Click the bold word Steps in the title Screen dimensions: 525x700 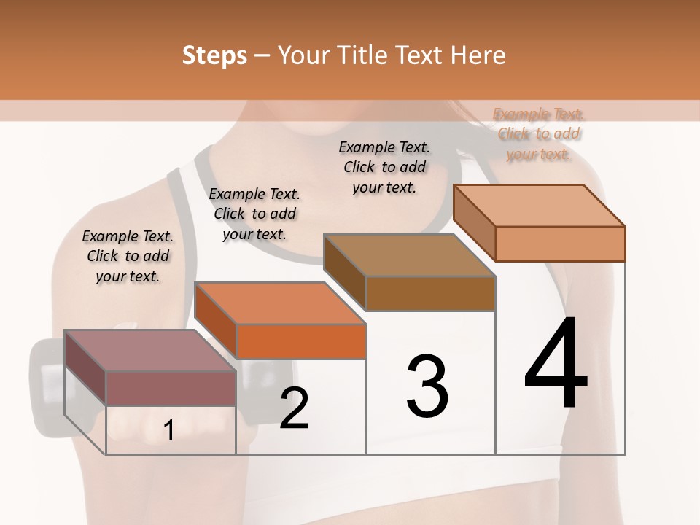214,55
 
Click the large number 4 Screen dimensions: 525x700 556,365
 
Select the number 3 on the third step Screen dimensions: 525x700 427,386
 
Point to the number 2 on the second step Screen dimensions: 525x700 294,408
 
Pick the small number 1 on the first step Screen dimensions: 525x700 168,430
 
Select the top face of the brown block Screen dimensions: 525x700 409,255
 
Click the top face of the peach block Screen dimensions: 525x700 540,206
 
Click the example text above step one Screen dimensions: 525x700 128,257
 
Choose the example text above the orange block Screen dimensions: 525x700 254,214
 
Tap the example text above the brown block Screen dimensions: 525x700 384,167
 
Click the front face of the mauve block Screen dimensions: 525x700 171,388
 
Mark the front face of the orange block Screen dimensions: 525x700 301,341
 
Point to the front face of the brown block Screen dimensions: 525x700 430,293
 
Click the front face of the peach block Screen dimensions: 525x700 560,244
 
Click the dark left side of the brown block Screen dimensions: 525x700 344,272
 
